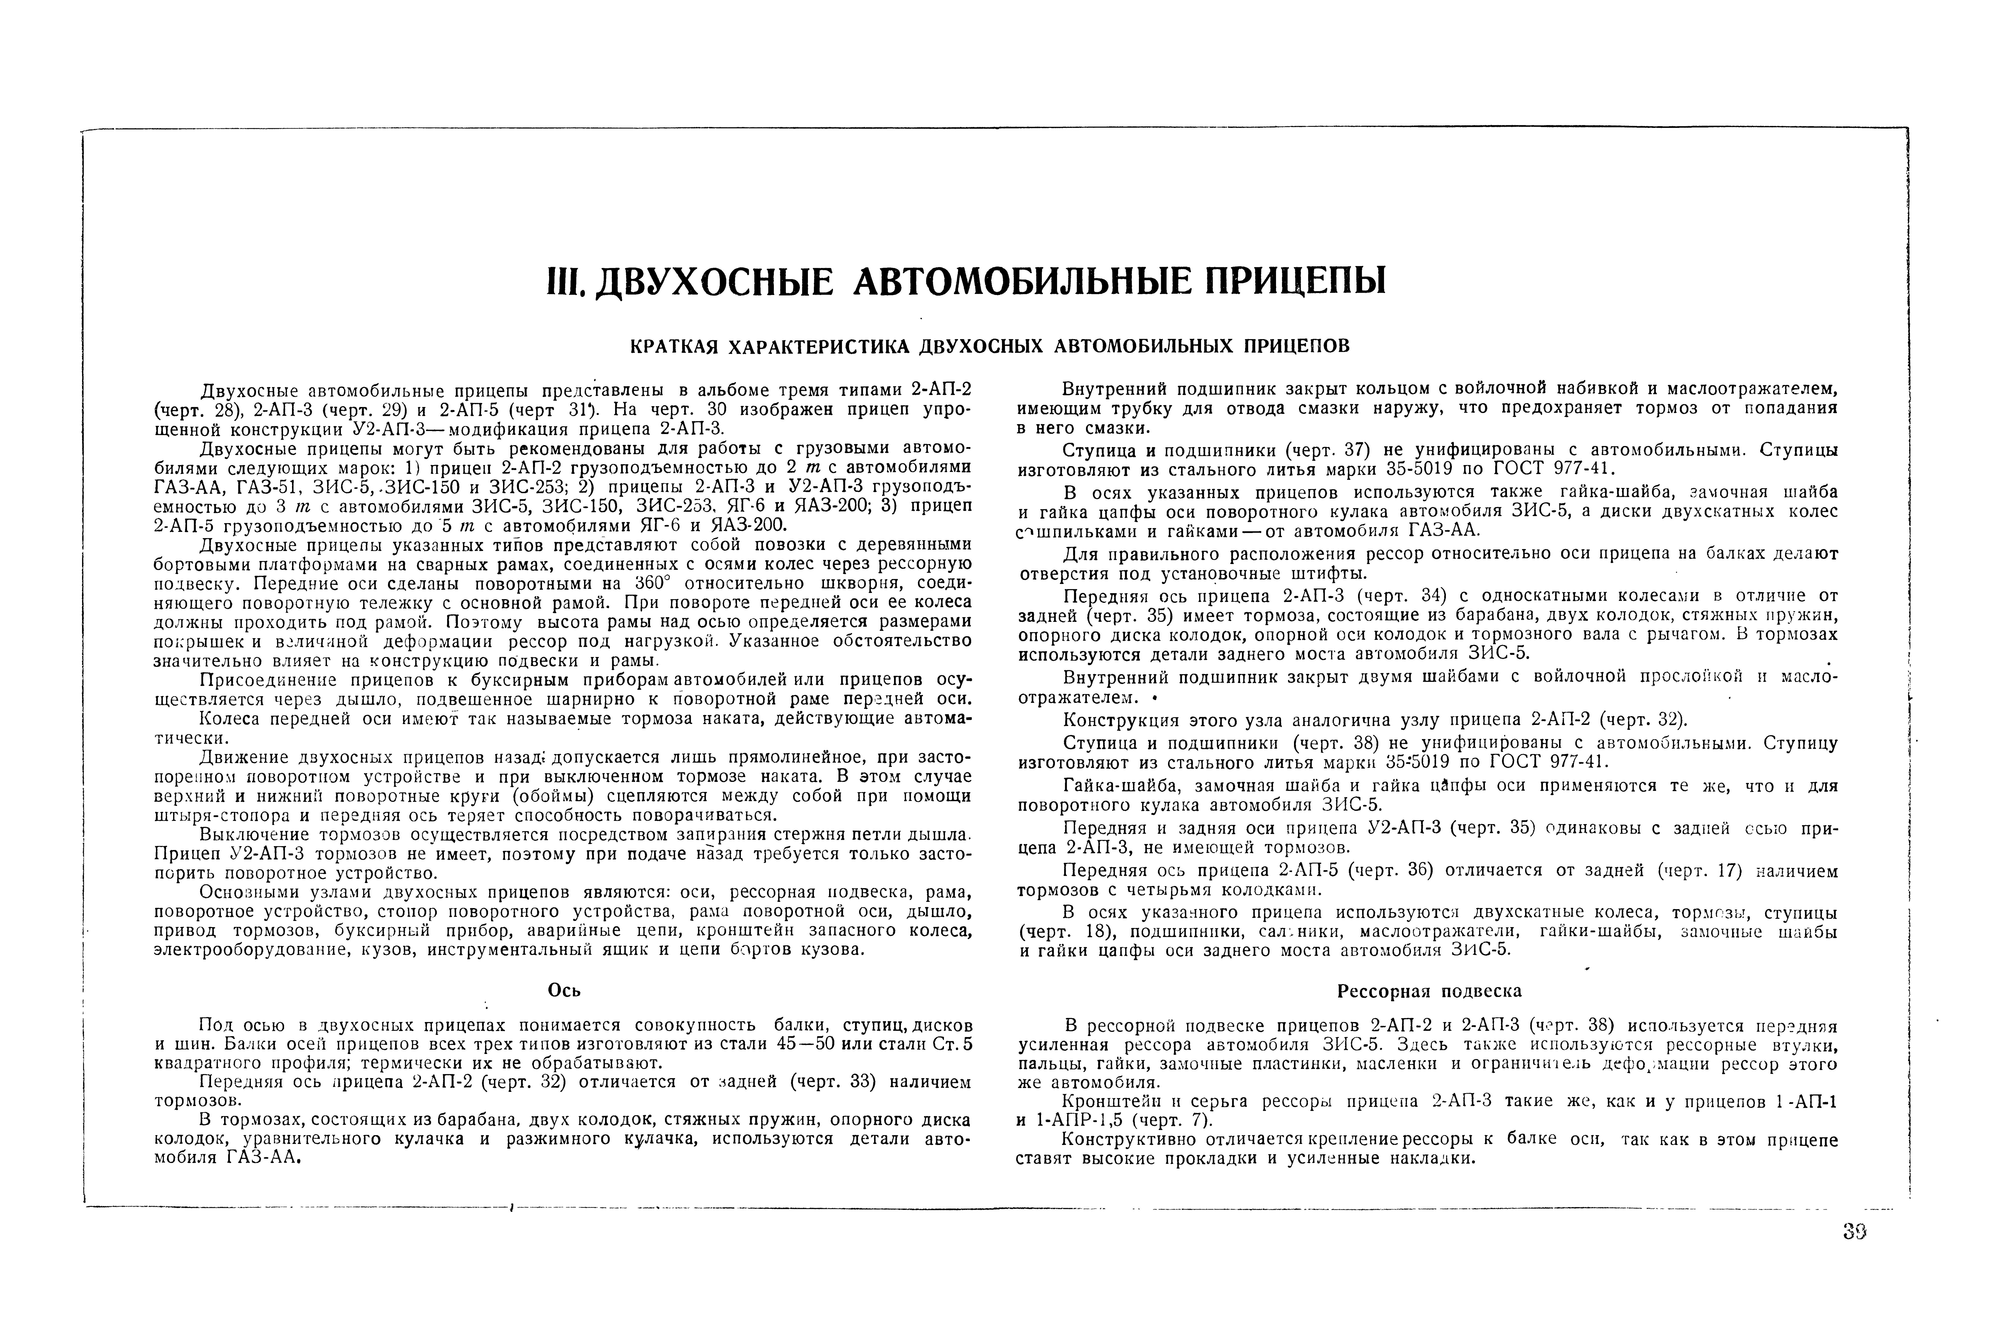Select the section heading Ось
coord(564,990)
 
